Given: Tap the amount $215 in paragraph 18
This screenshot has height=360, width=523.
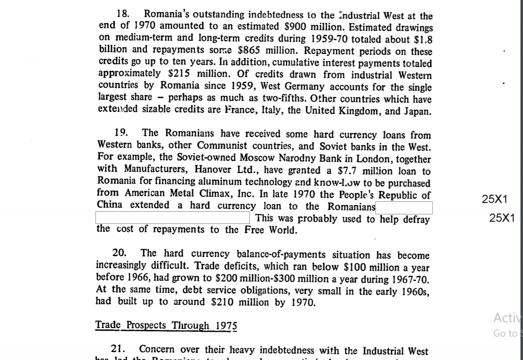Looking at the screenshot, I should click(180, 75).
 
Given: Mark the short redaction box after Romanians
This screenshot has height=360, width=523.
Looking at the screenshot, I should click(404, 208).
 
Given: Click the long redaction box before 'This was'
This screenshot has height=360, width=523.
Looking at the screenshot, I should click(173, 218).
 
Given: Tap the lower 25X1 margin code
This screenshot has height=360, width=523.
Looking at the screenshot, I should click(502, 218).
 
